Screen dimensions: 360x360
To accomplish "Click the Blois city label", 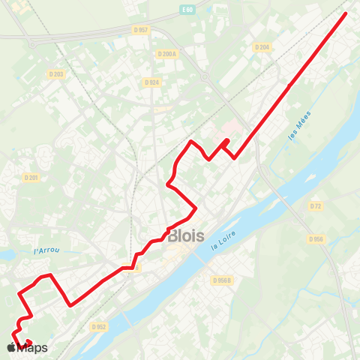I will [x=186, y=235].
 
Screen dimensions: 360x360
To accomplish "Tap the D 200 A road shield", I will [x=166, y=54].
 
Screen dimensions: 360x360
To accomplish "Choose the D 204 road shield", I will [x=261, y=47].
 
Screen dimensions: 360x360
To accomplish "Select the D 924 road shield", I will [x=151, y=82].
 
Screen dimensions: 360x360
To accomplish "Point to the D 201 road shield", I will [x=31, y=178].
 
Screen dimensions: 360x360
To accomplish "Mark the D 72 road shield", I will [x=315, y=205].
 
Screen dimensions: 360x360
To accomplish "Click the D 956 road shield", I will [x=315, y=239].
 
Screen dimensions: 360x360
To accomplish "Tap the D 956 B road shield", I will [x=222, y=280].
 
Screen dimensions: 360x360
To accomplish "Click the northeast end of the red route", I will [x=346, y=13].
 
